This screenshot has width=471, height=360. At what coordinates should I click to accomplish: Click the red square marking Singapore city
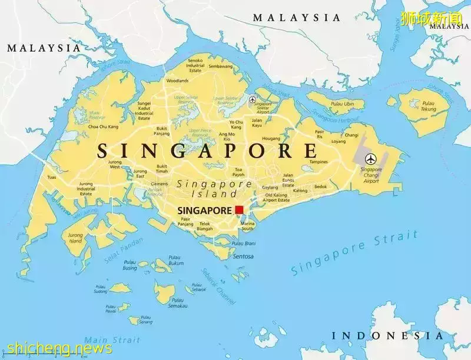[x=239, y=210]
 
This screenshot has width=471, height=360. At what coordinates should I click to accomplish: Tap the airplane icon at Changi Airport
[x=371, y=158]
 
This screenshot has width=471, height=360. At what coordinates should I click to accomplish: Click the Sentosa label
[x=243, y=256]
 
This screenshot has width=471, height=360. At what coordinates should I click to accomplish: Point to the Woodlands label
[x=177, y=81]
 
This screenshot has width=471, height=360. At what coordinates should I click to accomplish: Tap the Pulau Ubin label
[x=341, y=104]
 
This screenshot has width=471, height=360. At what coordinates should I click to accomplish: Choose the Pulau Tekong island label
[x=429, y=106]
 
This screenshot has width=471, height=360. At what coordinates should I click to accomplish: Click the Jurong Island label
[x=76, y=238]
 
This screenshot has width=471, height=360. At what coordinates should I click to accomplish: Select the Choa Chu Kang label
[x=103, y=126]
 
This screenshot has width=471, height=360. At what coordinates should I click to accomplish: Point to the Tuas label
[x=52, y=177]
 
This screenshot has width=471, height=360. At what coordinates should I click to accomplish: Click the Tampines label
[x=319, y=162]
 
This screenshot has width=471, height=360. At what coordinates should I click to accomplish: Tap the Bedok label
[x=320, y=186]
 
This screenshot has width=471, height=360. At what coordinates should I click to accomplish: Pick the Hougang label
[x=271, y=139]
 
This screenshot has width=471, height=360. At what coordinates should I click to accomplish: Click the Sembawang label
[x=221, y=66]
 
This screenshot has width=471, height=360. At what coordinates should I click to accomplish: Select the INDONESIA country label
[x=387, y=336]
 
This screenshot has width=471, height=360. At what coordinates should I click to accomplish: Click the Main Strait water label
[x=112, y=340]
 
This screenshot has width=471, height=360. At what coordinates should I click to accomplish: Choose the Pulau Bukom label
[x=175, y=260]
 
